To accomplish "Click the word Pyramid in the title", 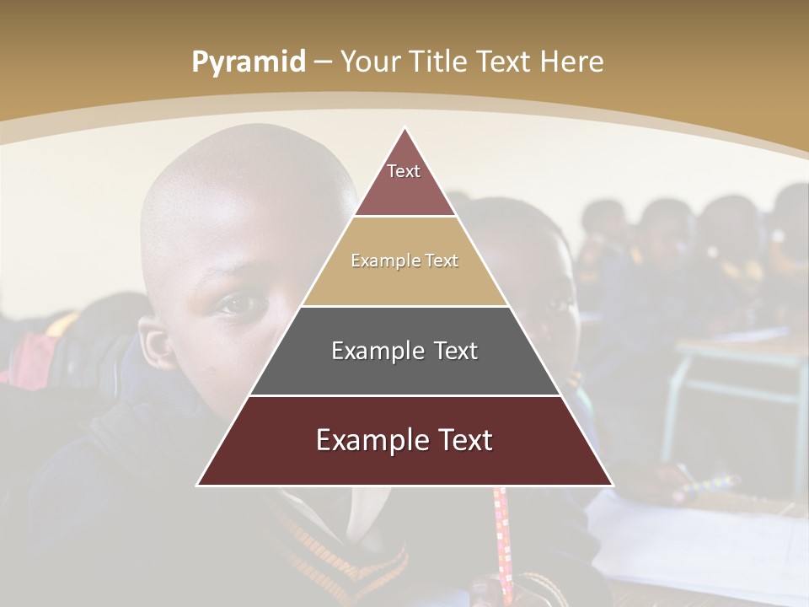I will (x=248, y=62).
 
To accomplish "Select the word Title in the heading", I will (x=439, y=62).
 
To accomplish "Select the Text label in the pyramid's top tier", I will (x=404, y=171).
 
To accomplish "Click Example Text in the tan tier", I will (x=404, y=261).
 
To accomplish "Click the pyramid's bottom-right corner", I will (x=612, y=485).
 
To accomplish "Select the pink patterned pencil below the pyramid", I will (x=503, y=540).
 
